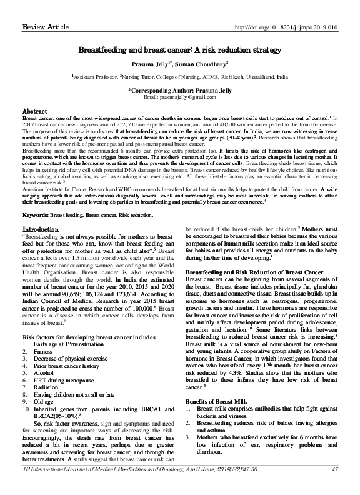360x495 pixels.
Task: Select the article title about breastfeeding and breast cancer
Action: click(x=180, y=48)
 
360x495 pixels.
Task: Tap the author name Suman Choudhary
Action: click(x=205, y=63)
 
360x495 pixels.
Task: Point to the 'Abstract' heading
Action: click(x=35, y=111)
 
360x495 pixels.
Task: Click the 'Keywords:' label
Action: click(x=36, y=214)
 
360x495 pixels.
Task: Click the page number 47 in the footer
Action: click(x=334, y=487)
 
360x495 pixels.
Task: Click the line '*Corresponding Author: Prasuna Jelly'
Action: click(x=180, y=91)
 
